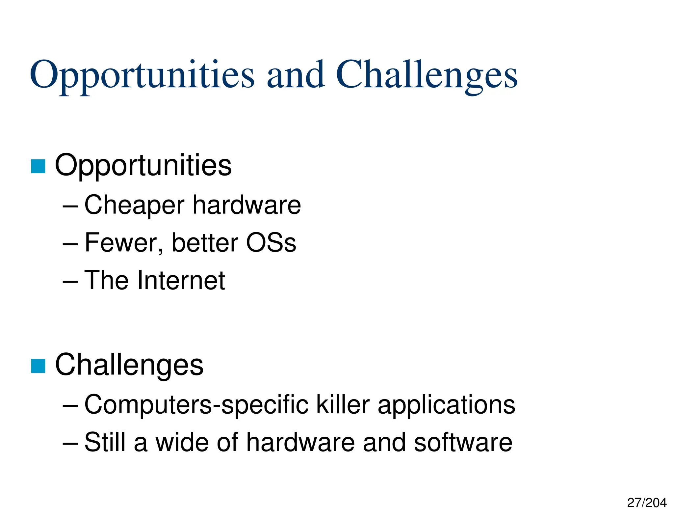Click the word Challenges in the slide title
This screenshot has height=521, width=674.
click(x=427, y=75)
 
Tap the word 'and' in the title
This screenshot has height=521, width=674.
click(x=296, y=75)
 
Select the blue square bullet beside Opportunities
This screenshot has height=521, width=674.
click(x=38, y=166)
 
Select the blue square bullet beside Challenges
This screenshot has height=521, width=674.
click(x=38, y=366)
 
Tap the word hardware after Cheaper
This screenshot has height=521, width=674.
click(x=247, y=205)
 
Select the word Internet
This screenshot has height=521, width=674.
click(x=181, y=280)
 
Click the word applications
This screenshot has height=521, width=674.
click(x=446, y=405)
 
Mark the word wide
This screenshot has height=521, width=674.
click(x=182, y=442)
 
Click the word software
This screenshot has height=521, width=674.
click(x=463, y=442)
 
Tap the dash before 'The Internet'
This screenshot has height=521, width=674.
click(x=70, y=282)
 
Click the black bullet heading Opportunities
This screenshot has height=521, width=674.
click(x=143, y=166)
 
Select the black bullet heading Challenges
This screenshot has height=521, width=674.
click(x=129, y=365)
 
